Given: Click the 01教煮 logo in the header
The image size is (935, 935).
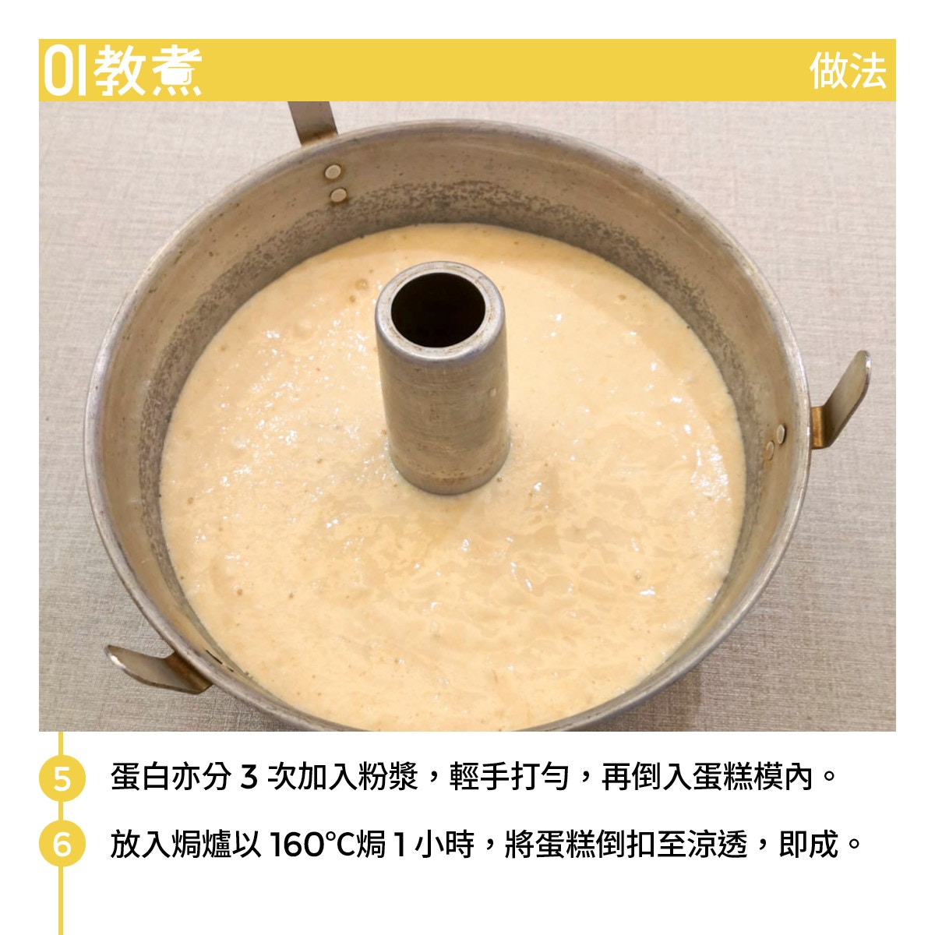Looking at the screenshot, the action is point(122,70).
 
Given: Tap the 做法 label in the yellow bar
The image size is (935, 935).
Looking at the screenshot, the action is point(849,71).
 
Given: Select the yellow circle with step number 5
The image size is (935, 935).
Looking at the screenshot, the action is point(62,778).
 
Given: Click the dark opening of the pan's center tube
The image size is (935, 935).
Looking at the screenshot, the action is point(438,309).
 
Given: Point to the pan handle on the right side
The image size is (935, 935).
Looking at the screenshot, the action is point(841,400).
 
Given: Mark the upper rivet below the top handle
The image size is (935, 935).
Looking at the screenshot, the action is point(333,171).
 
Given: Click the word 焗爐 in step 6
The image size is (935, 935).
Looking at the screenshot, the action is point(200,845).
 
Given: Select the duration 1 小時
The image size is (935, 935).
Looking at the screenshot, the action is point(432,845).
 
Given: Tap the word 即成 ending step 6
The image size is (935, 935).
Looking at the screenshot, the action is point(808,845).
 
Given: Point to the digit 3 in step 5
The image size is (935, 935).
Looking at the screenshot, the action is point(249,778).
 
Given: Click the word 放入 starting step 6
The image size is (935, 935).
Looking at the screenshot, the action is point(139,845).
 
